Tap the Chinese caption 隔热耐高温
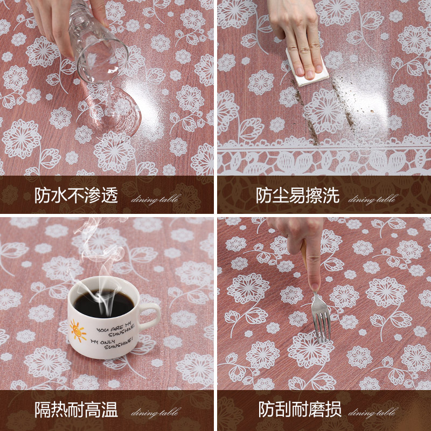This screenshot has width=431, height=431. click(76, 411)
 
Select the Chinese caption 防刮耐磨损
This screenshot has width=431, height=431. click(299, 411)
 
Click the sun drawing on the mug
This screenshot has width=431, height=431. click(79, 329)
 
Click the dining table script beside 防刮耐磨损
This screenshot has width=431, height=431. click(372, 414)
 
